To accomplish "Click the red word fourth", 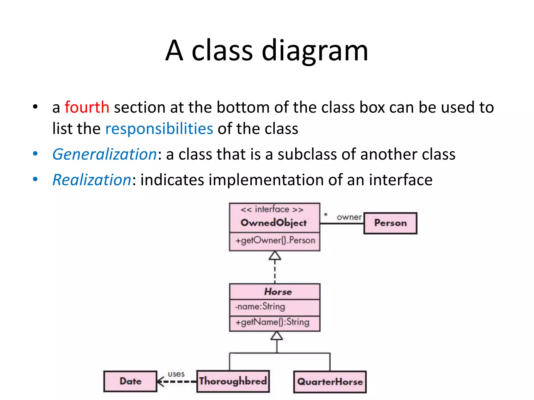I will [87, 107].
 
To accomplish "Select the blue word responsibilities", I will [159, 129].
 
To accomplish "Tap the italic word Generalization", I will [105, 154].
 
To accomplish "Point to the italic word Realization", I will [92, 180].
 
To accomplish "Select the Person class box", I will [390, 223].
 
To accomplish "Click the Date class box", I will [130, 381].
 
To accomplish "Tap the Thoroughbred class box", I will [233, 381].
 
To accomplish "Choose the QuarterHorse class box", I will [330, 382].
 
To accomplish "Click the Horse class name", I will [278, 292].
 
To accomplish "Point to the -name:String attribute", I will [260, 307].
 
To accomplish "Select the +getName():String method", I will [272, 322].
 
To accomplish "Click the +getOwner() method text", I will [275, 240].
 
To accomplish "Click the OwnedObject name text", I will [274, 223].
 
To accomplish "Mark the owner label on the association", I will [349, 217].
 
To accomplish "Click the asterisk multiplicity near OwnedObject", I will [326, 215].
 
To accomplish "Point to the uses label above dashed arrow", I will [176, 374].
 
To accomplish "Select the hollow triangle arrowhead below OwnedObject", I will [275, 256].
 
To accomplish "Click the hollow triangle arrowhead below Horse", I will [277, 336].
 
